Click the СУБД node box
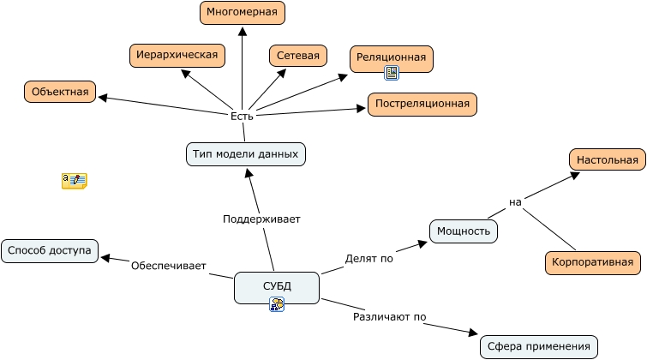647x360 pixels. pos(276,286)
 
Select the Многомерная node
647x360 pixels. pos(243,13)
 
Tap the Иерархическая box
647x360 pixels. pos(177,55)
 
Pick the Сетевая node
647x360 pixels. pos(298,57)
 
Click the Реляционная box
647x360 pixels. pos(392,57)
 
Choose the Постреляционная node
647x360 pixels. pos(422,104)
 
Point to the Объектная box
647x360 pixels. pos(60,92)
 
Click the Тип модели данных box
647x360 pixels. pos(246,154)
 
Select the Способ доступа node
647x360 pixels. pos(50,251)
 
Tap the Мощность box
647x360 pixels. pos(464,231)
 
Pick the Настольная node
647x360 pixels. pos(607,159)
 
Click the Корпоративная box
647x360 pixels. pos(593,262)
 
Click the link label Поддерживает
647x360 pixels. pos(261,219)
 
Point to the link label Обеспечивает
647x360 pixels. pos(169,266)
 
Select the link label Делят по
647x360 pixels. pos(368,258)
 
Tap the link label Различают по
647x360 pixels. pos(390,316)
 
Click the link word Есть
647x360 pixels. pos(243,116)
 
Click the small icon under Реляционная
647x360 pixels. pos(392,74)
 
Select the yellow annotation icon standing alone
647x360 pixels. pos(74,180)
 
